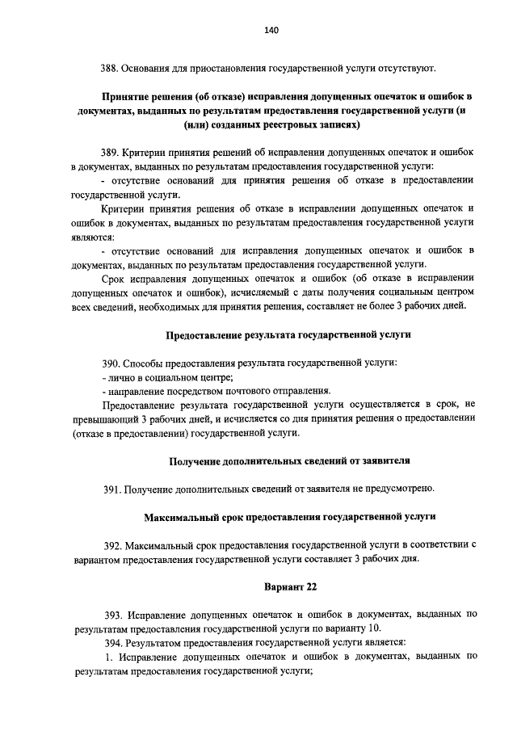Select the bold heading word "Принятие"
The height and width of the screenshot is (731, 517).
125,96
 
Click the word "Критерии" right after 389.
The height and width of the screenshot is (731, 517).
144,152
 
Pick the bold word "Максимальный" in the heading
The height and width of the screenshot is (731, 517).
181,516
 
